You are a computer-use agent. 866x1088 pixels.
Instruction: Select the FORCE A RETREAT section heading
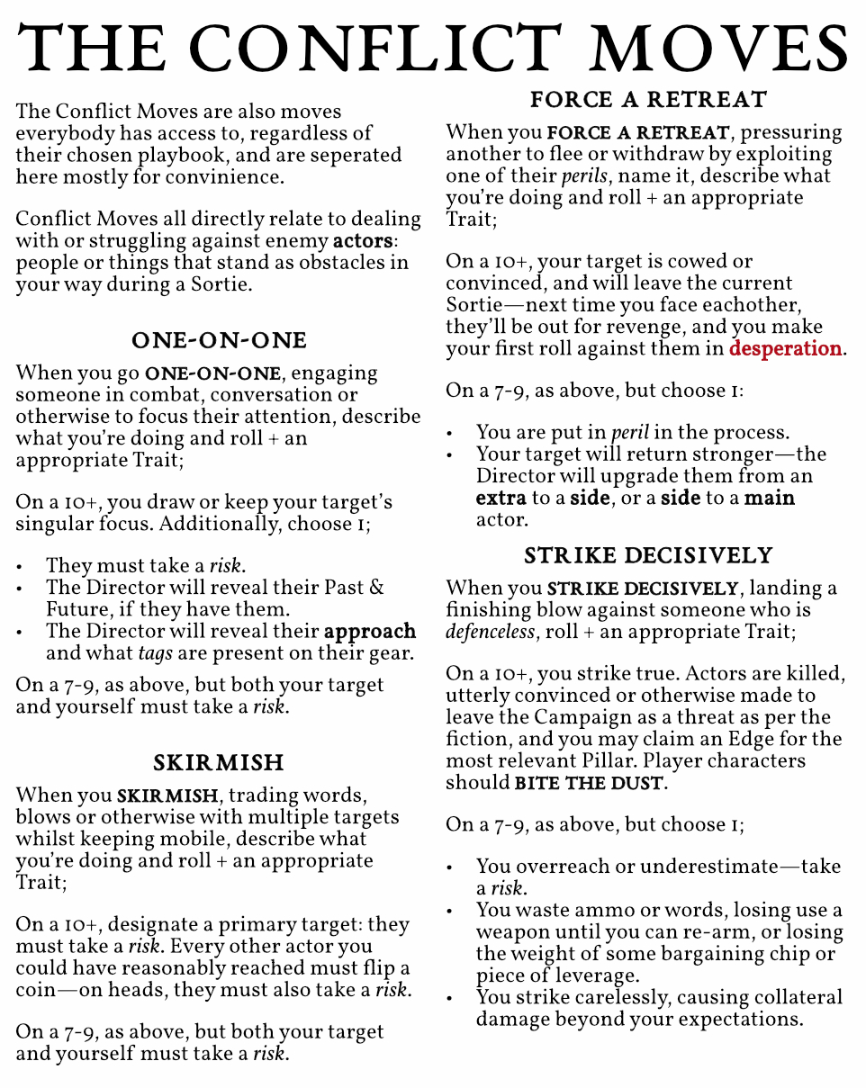(648, 99)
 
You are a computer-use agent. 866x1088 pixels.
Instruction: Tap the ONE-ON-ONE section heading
(219, 340)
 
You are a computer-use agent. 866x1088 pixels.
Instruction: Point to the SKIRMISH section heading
(219, 763)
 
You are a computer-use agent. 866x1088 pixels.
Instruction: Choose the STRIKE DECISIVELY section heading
(648, 555)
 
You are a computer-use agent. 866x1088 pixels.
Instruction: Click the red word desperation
(786, 348)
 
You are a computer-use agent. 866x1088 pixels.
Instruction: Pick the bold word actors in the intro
(363, 241)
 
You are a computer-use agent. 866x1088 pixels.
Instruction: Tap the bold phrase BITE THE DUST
(590, 783)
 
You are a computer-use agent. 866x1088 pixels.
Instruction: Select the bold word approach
(370, 631)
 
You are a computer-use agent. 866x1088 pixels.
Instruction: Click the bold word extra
(501, 498)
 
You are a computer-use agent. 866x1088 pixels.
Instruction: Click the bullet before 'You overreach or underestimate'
(450, 868)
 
